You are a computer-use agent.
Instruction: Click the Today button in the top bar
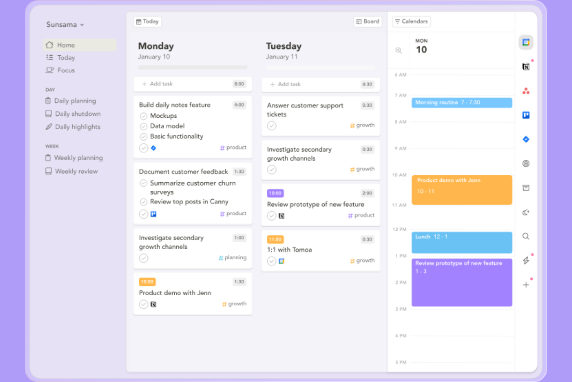point(148,22)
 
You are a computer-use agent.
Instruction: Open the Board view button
point(368,22)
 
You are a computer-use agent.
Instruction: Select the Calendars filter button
point(411,22)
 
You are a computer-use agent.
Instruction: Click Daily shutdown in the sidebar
point(77,114)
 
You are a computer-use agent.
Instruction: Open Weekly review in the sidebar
point(76,171)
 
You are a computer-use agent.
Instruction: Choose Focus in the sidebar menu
point(66,70)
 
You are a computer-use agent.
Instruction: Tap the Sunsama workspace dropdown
point(65,25)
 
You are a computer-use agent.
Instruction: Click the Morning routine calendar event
point(461,103)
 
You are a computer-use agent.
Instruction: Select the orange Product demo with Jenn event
point(461,190)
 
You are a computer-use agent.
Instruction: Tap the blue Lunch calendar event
point(461,242)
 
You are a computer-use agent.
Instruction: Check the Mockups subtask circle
point(143,116)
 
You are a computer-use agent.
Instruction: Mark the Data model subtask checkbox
point(143,126)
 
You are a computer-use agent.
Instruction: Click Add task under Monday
point(161,84)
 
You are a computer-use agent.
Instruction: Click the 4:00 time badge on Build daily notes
point(239,105)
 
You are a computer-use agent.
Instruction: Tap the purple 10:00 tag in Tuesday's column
point(275,193)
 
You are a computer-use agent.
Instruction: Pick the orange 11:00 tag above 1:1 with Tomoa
point(275,240)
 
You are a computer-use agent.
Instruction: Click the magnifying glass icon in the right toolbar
point(526,236)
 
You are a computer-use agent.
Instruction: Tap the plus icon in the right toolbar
point(526,285)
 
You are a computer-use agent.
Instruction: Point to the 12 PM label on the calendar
point(400,230)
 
